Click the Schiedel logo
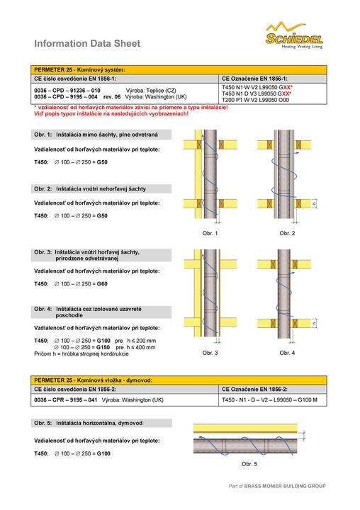[294, 35]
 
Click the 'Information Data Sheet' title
[87, 44]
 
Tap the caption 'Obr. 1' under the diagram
[210, 233]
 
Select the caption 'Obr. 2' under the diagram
[287, 233]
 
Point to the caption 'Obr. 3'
[210, 353]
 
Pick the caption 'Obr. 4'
[287, 353]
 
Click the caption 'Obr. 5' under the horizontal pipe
[249, 464]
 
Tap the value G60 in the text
[102, 283]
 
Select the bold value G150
[103, 347]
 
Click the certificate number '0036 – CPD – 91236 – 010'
[67, 91]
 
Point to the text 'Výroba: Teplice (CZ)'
[151, 91]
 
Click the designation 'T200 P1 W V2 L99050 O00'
[256, 100]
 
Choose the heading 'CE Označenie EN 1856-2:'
[254, 389]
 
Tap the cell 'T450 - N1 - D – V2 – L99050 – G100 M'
[269, 399]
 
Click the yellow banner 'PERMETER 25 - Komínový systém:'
[179, 69]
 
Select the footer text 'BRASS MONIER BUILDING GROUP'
[285, 486]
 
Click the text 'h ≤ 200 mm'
[142, 341]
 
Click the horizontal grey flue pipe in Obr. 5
[245, 446]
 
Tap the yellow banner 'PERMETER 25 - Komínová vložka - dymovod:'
[179, 380]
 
